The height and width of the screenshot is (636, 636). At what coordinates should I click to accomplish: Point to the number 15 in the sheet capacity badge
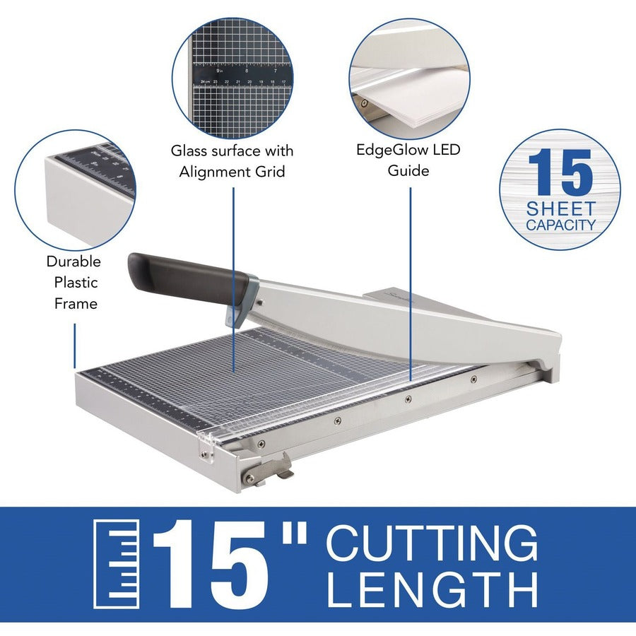pos(560,172)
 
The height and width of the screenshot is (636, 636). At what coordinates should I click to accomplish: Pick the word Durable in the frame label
pos(73,261)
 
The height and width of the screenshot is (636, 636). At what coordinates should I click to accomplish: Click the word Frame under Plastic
pos(73,304)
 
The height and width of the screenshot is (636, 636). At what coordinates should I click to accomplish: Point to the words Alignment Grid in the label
pos(232,172)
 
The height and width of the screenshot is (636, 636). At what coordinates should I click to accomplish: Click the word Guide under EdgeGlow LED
pos(409,171)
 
